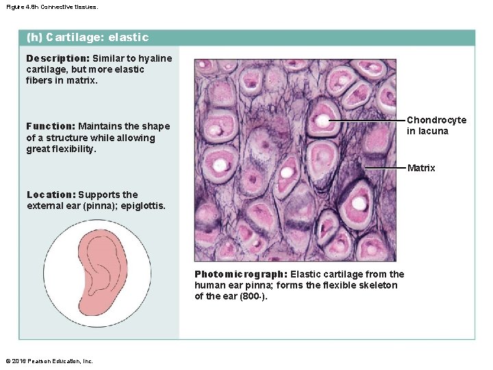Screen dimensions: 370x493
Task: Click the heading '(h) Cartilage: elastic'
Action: tap(87, 38)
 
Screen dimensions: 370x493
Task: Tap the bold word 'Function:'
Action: tap(50, 126)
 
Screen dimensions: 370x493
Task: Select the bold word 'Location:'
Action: tap(51, 195)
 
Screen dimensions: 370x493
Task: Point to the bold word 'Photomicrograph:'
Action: tap(240, 274)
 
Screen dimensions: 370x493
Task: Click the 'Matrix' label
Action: tap(421, 168)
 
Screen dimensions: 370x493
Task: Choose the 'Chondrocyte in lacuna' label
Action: tap(436, 125)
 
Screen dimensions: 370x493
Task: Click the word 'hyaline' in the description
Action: tap(156, 58)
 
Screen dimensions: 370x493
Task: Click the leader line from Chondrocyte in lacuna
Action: tap(366, 121)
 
